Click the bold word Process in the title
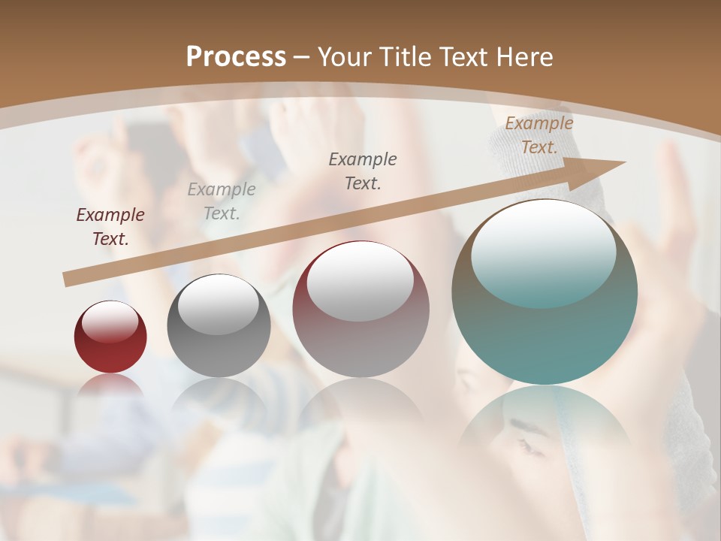236,57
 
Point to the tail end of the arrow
68,280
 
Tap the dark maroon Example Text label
110,227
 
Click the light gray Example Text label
222,201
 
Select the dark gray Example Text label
363,171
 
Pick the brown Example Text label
539,135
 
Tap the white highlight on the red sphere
110,321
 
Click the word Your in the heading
343,57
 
